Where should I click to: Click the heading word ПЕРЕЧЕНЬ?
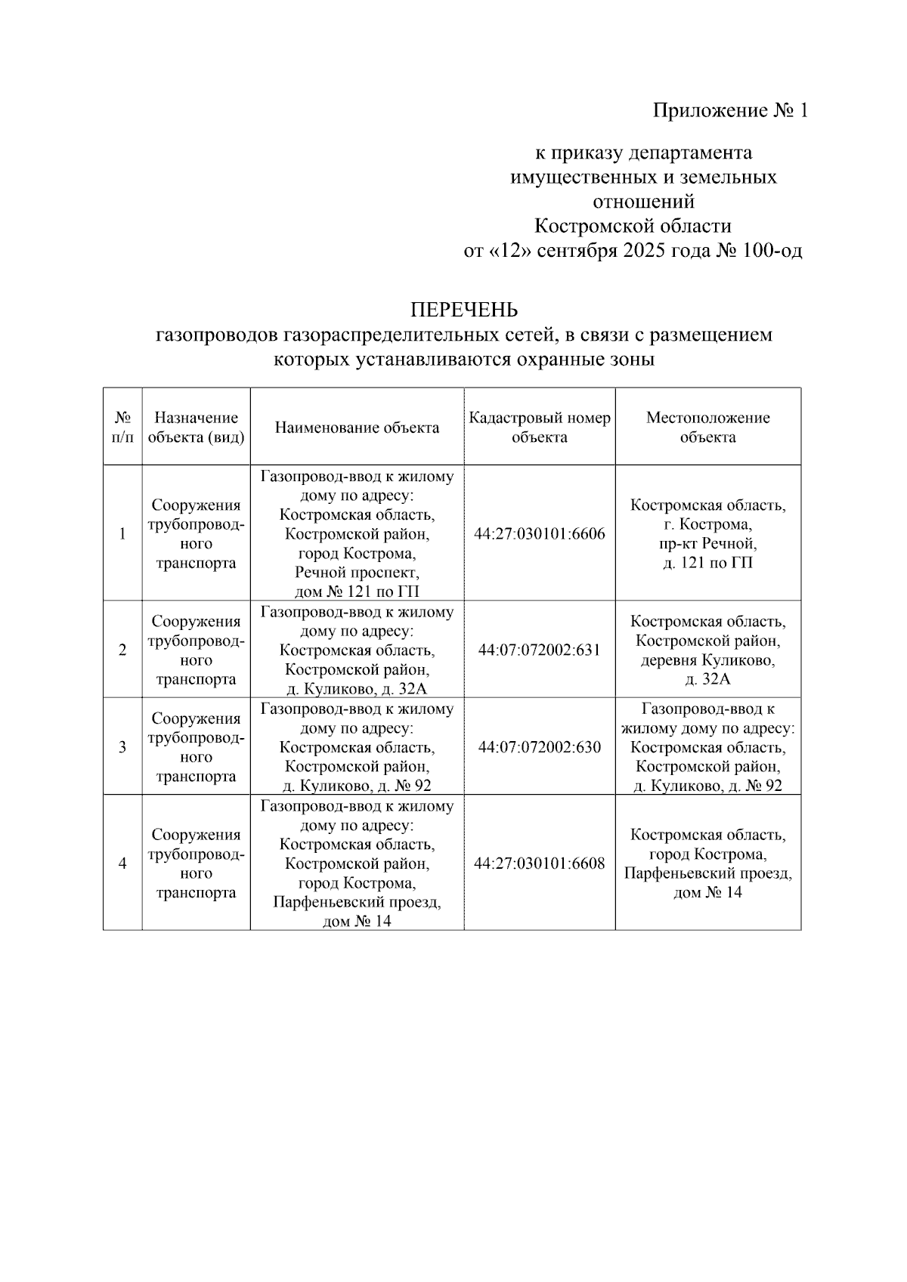click(463, 310)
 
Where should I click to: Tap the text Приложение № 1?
click(730, 111)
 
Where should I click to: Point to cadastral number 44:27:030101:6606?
click(539, 534)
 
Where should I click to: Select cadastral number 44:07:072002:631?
click(539, 650)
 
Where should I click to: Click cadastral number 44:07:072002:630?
click(539, 747)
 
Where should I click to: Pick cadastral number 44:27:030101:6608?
click(539, 863)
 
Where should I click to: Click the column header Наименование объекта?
click(357, 428)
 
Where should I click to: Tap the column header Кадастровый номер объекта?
click(539, 428)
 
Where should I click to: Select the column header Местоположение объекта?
click(707, 428)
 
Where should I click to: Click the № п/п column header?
click(122, 428)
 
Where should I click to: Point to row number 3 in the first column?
click(122, 747)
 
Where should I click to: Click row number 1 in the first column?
click(122, 534)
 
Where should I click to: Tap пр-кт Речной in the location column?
click(707, 544)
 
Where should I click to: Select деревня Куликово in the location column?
click(707, 660)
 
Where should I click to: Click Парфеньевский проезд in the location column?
click(707, 873)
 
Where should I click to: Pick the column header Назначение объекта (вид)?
click(196, 428)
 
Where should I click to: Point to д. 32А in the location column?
click(707, 679)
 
